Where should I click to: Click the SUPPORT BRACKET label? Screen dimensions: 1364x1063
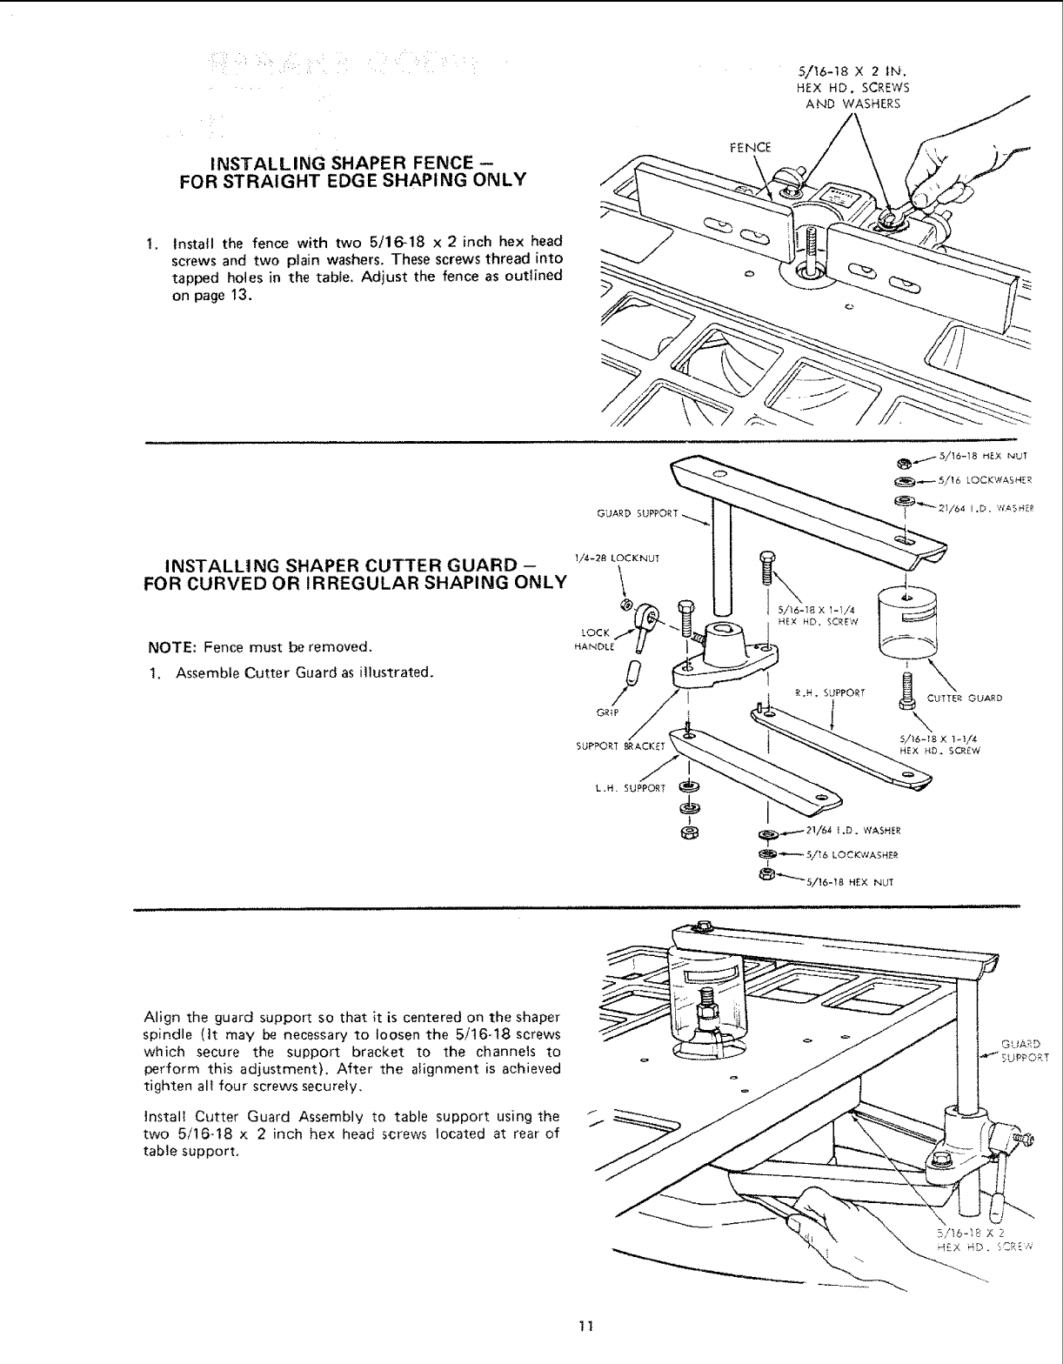620,745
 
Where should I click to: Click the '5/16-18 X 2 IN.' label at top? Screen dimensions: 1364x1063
852,73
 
